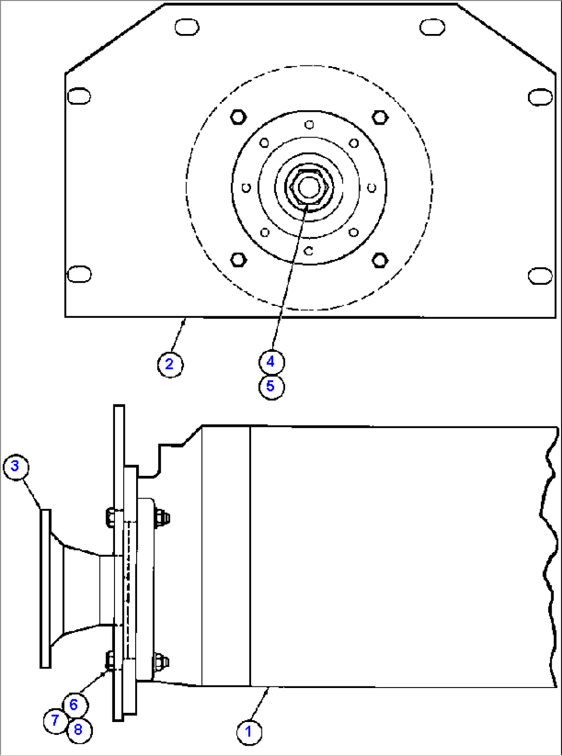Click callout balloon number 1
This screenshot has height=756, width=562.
coord(249,731)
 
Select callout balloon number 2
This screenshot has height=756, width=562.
coord(170,364)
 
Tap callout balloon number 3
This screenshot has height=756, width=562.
coord(15,467)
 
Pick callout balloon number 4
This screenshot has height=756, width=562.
coord(271,362)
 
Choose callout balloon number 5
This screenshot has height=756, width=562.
coord(271,386)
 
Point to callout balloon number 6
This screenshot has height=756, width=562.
coord(74,705)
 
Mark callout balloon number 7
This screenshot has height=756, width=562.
coord(55,720)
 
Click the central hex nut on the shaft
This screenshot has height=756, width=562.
coord(308,187)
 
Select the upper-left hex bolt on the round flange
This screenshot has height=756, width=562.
coord(238,117)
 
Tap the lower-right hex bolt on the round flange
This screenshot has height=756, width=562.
coord(380,260)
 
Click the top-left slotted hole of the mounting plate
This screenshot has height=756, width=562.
coord(187,27)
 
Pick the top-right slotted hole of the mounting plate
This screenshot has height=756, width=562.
coord(432,27)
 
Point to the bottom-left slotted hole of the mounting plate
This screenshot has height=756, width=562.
coord(79,274)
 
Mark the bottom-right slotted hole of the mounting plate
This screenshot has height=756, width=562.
coord(540,276)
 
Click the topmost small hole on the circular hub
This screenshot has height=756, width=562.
coord(309,125)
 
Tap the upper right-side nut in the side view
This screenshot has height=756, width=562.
coord(161,517)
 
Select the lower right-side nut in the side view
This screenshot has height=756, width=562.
coord(161,661)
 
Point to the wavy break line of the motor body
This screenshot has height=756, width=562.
coord(549,556)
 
